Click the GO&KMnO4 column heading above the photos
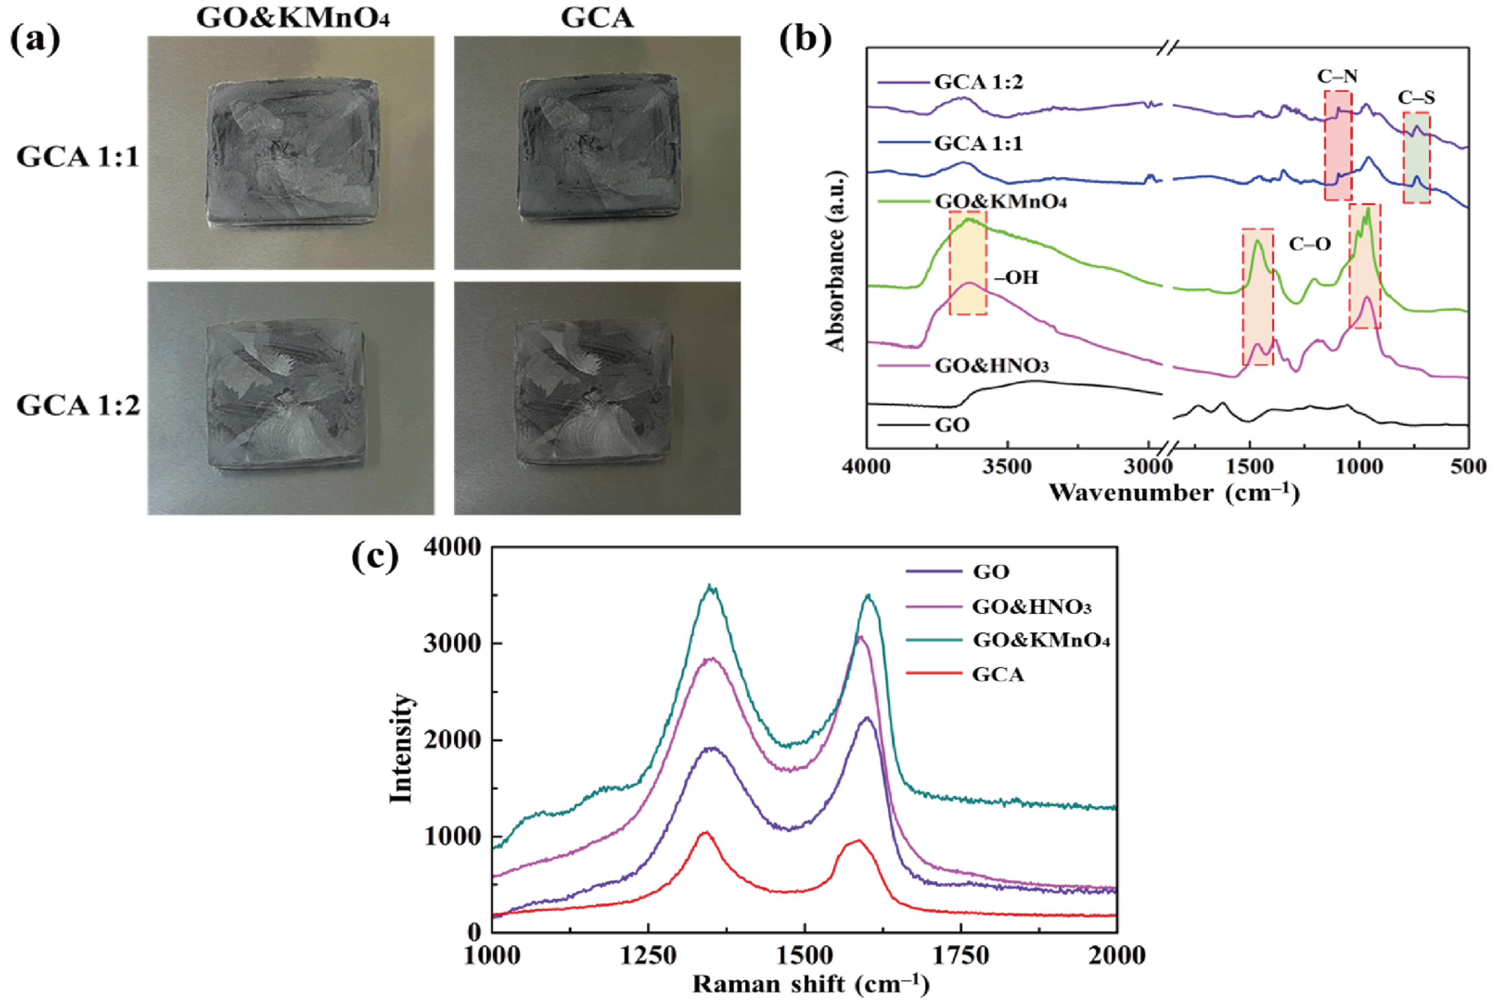[293, 18]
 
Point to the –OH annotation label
[1017, 277]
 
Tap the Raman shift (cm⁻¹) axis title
[810, 984]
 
